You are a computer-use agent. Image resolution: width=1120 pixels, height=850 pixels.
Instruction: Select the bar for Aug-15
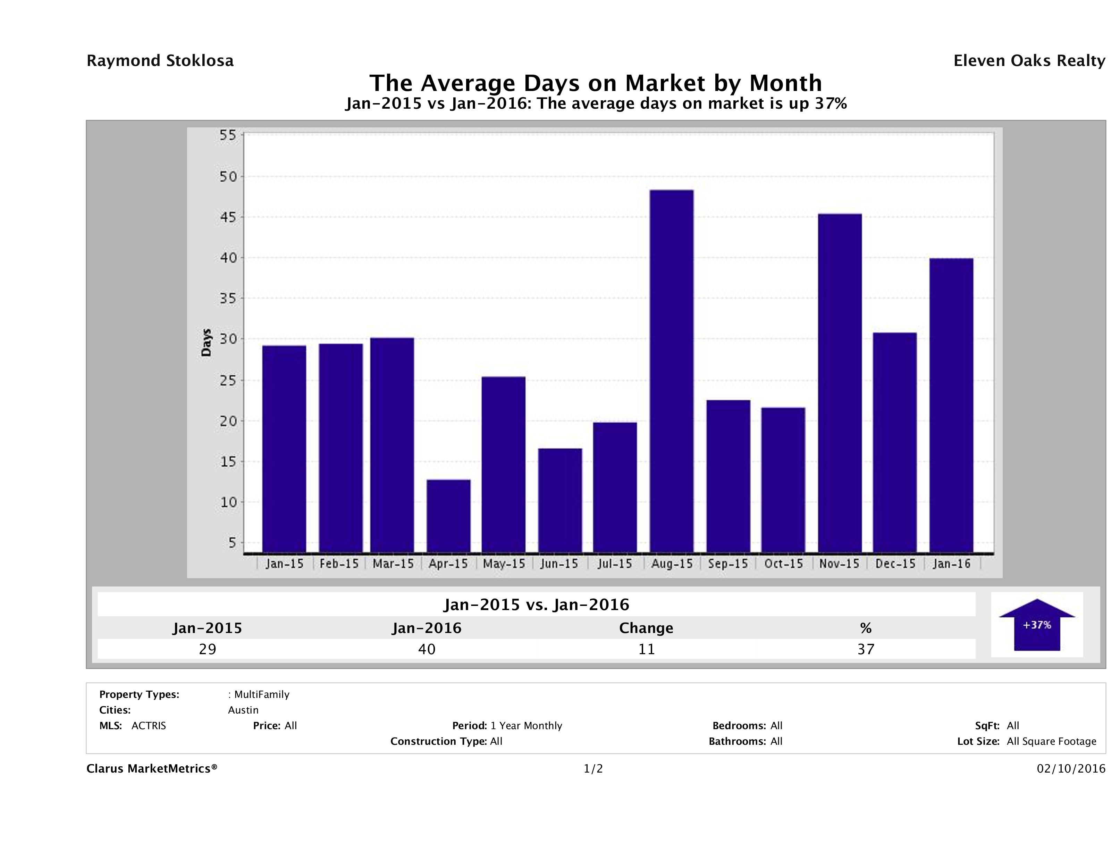(x=671, y=371)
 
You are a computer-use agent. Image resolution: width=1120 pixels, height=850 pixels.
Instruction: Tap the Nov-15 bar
(x=840, y=383)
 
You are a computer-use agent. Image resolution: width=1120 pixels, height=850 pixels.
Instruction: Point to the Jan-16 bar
(x=951, y=405)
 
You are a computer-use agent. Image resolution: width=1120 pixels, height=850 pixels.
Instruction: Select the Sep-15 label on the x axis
(x=727, y=564)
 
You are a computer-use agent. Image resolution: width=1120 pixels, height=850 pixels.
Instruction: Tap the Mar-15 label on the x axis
(x=393, y=564)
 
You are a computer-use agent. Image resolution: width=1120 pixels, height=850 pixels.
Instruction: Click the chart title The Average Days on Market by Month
(x=596, y=83)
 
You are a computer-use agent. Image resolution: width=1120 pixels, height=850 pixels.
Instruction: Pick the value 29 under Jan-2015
(x=208, y=649)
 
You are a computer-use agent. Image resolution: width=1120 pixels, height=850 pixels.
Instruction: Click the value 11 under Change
(x=647, y=649)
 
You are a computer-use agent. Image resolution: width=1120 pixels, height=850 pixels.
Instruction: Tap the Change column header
(x=646, y=628)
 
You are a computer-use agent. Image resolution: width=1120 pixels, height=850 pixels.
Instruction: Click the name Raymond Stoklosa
(x=160, y=61)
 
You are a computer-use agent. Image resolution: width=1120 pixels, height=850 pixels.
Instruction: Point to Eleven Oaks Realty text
(x=1029, y=61)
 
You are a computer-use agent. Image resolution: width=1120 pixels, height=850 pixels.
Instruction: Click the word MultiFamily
(x=262, y=694)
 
